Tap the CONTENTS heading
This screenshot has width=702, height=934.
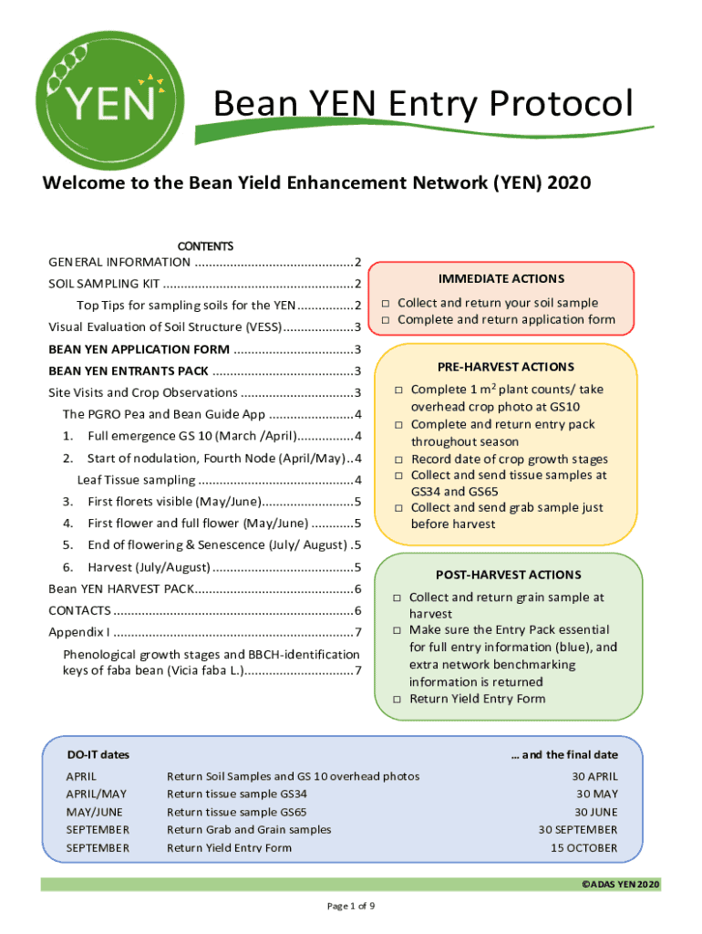[205, 246]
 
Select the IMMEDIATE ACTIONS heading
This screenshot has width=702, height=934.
[501, 278]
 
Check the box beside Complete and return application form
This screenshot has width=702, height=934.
[386, 320]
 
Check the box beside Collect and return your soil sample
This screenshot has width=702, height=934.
[386, 303]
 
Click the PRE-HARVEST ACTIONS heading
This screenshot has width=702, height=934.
[505, 367]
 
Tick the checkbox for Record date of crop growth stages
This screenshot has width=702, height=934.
[399, 460]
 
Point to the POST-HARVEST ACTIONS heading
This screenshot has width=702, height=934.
[508, 575]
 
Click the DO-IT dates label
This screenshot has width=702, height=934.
[98, 754]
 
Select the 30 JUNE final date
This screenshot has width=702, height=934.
[595, 812]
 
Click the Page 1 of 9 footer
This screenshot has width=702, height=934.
[351, 906]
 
